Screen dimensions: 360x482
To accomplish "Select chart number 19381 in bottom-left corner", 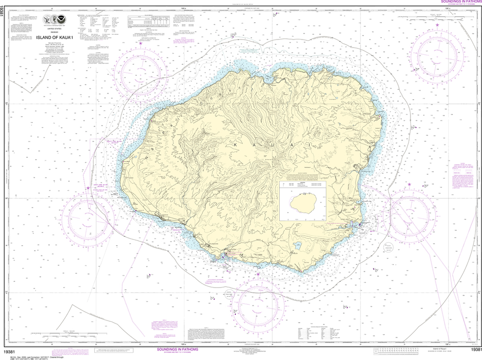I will coord(11,350).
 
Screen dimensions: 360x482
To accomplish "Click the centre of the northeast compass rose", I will coord(434,55).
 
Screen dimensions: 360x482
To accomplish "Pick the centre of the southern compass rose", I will coord(261,303).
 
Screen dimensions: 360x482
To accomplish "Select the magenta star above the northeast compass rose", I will coord(437,24).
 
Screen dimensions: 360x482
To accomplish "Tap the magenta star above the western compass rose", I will coord(88,188).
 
